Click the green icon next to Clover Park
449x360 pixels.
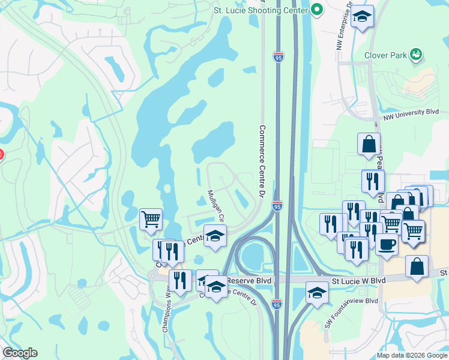pyautogui.click(x=415, y=55)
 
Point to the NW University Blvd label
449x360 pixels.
pyautogui.click(x=411, y=112)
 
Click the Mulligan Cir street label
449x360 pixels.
pyautogui.click(x=215, y=204)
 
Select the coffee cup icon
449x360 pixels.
pyautogui.click(x=387, y=245)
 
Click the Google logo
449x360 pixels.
pyautogui.click(x=20, y=353)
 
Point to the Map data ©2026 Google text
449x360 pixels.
pyautogui.click(x=412, y=355)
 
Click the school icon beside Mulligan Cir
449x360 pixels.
pyautogui.click(x=215, y=235)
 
